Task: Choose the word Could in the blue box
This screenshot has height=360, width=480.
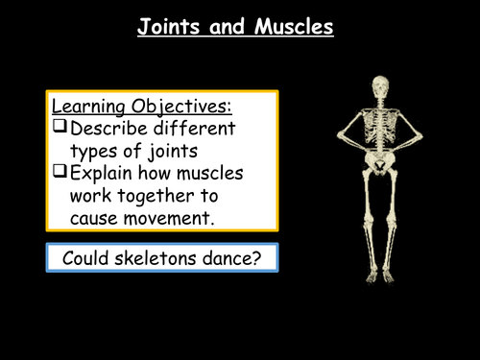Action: click(85, 257)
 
